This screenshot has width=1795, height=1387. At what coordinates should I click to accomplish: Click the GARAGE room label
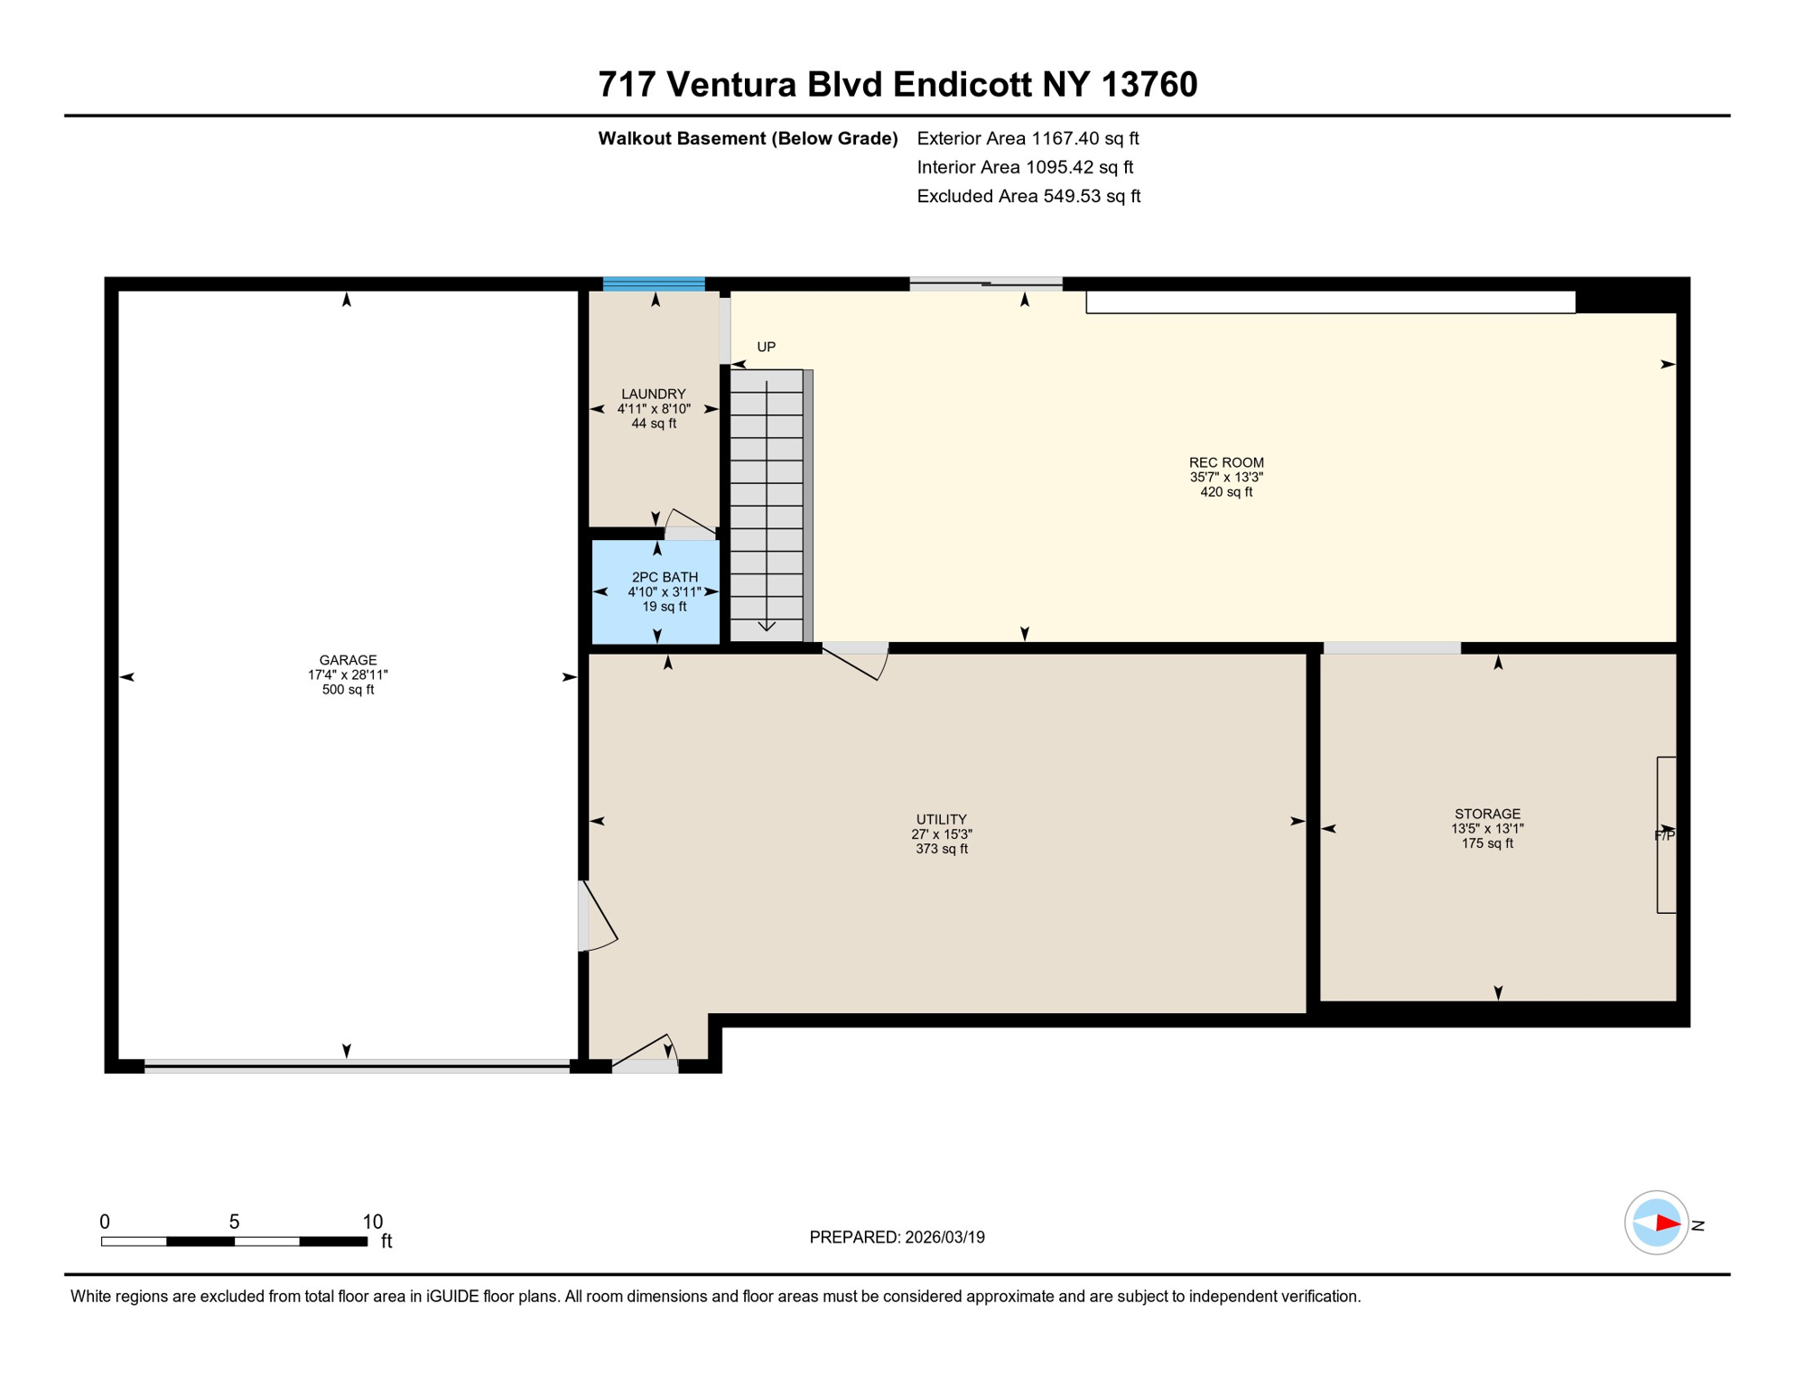coord(348,660)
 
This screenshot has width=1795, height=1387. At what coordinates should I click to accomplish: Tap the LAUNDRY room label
coord(653,394)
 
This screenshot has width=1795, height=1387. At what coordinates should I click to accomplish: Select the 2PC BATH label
coord(664,577)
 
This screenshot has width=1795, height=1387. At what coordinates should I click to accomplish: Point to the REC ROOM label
coord(1225,462)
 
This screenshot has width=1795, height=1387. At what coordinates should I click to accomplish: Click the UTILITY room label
coord(941,819)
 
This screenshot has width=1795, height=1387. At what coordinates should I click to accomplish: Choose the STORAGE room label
coord(1486,814)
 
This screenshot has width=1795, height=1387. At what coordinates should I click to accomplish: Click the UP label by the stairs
coord(766,347)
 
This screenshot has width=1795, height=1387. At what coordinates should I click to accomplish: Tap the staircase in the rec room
coord(767,506)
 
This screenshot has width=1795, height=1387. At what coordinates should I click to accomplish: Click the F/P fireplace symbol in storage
coord(1665,835)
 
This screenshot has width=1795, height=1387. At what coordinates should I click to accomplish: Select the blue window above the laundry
coord(654,284)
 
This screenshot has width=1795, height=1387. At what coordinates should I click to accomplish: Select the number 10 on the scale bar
coord(372,1222)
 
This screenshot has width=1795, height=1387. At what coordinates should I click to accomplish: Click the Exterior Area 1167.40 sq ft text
coord(1027,138)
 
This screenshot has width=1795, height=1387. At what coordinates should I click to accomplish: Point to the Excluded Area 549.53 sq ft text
coord(1028,196)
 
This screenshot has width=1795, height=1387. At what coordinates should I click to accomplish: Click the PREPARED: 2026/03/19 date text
coord(896,1237)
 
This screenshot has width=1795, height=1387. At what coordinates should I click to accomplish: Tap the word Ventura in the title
coord(731,85)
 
